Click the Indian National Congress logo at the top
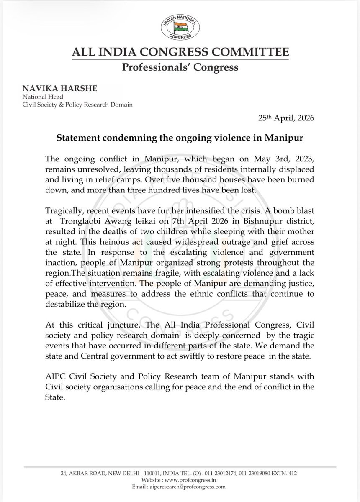[180, 26]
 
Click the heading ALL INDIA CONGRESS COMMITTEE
[180, 53]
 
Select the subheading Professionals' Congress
[180, 67]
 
